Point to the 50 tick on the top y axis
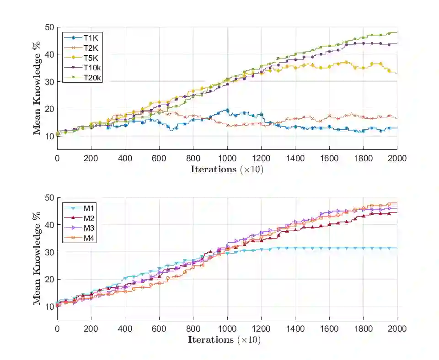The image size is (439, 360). coord(49,27)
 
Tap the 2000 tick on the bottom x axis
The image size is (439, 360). coord(396,328)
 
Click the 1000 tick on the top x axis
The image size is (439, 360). coord(227,158)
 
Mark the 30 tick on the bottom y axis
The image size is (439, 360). coord(49,252)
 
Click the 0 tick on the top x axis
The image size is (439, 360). coord(57,158)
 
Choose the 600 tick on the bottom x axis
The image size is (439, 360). coord(159,328)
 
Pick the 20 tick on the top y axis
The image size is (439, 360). coord(49,109)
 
